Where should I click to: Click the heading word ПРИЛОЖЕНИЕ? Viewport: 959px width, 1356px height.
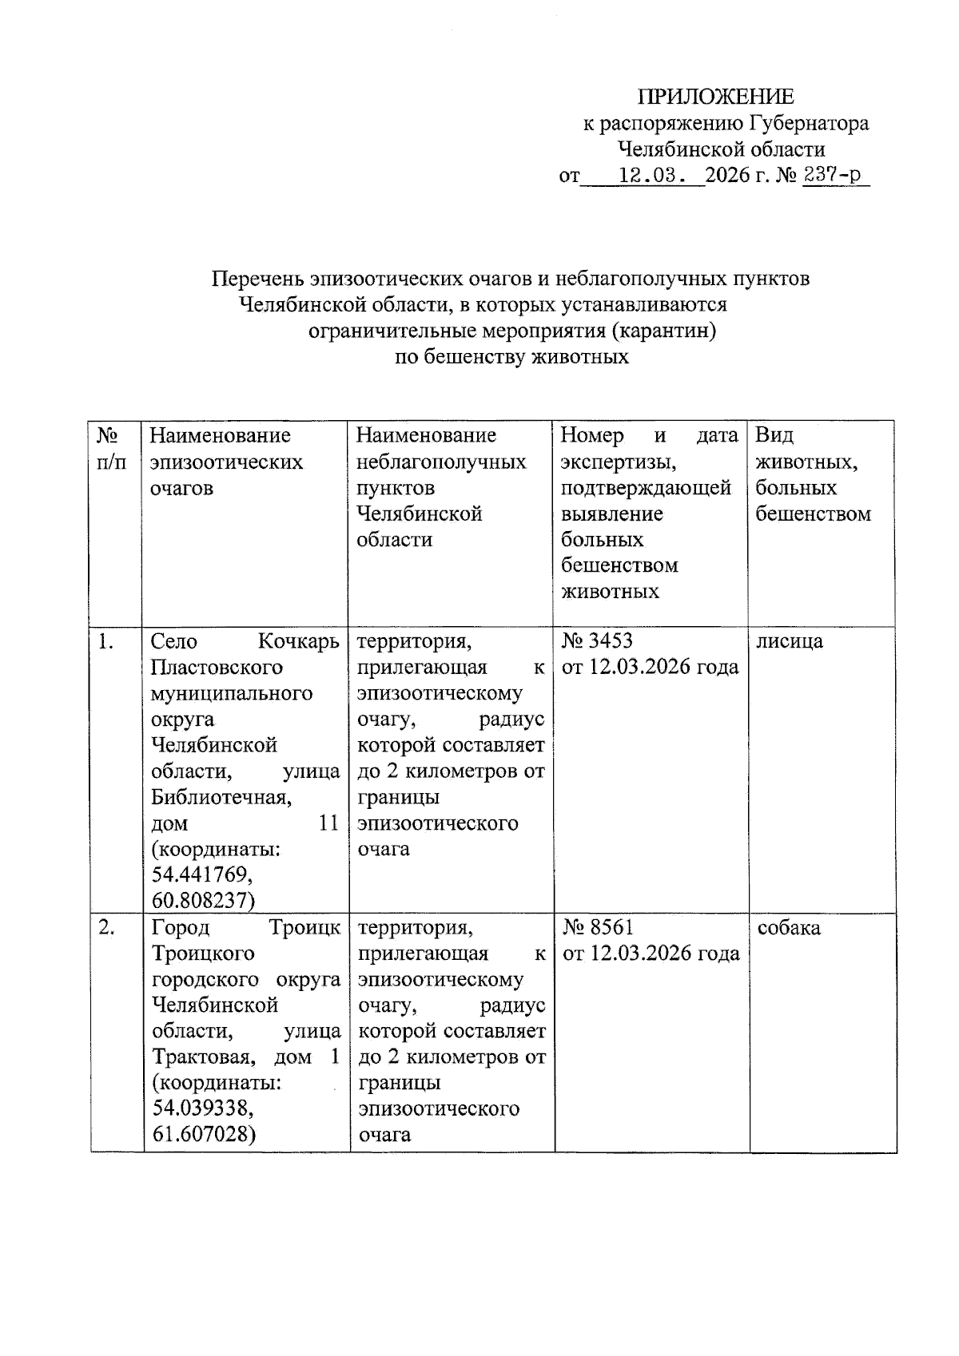pos(715,97)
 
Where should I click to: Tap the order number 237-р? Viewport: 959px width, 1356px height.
pos(835,174)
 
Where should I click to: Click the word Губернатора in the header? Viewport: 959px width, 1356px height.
pos(808,124)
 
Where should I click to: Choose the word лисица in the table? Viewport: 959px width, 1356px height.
pos(790,641)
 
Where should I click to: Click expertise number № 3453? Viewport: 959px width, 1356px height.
pos(597,641)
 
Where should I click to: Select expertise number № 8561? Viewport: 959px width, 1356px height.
pos(598,928)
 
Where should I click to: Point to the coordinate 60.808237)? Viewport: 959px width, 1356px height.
pos(203,901)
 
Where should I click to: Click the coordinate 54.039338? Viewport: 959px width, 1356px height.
pos(203,1108)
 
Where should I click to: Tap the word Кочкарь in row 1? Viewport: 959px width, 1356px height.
pos(299,641)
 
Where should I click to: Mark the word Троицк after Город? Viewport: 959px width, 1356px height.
pos(304,928)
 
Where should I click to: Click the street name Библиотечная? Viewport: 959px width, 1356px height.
pos(221,797)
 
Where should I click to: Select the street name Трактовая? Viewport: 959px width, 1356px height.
pos(204,1057)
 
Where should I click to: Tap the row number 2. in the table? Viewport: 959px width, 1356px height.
pos(107,928)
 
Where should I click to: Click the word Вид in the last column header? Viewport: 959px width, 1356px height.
pos(774,435)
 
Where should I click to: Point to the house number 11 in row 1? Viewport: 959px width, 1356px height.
pos(328,823)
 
